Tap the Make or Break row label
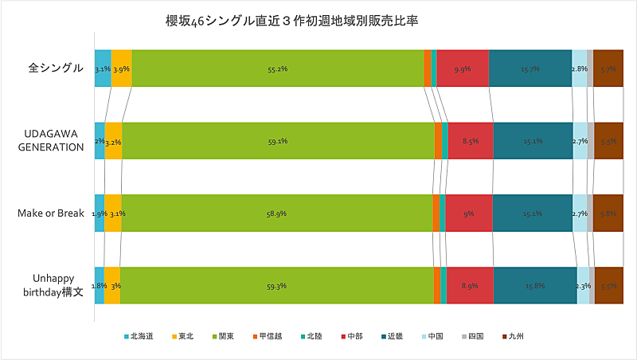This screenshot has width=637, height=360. (51, 213)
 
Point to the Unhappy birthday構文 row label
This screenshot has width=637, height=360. (51, 285)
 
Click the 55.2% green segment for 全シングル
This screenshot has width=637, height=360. (278, 69)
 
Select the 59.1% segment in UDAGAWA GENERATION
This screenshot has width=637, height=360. (278, 141)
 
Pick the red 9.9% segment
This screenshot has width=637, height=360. (462, 69)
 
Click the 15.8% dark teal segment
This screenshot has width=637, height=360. (534, 285)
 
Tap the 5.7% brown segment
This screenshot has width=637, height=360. (608, 69)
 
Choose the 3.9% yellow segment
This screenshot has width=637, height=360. (121, 69)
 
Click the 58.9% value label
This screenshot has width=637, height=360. (276, 213)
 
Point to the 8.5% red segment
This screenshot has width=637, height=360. (470, 141)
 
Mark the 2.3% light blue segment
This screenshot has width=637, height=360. (583, 285)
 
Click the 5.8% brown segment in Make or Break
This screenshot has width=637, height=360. (608, 213)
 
